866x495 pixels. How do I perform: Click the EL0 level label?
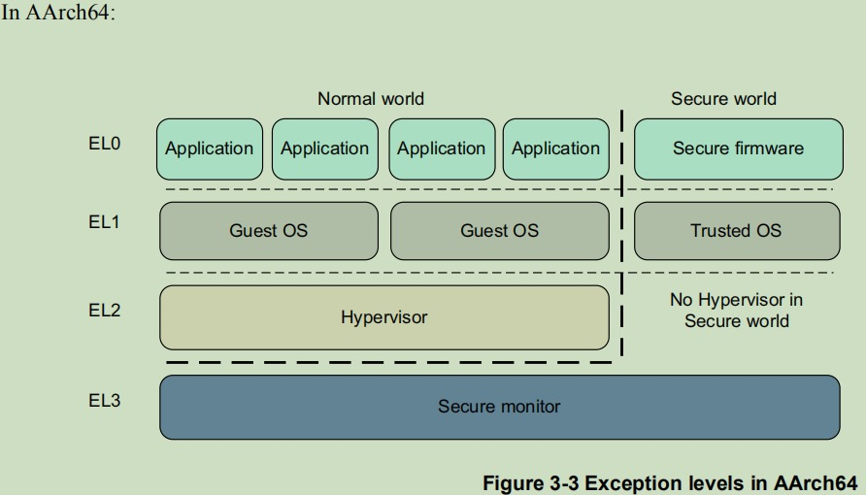(105, 144)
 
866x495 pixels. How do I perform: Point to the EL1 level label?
(105, 222)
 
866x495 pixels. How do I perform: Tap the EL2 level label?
(105, 311)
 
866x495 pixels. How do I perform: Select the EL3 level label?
(105, 400)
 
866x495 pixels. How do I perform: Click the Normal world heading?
(371, 99)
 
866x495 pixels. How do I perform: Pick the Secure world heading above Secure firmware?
(723, 99)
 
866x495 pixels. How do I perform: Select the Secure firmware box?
(739, 149)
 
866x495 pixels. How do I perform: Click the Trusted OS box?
(737, 231)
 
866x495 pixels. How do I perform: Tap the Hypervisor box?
(384, 317)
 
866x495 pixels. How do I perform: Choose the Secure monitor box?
(500, 408)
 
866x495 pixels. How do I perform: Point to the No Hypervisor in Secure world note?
(736, 311)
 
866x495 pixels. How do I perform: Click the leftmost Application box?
(210, 149)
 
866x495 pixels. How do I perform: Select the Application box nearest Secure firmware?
(556, 149)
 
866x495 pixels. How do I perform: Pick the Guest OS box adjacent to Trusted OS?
(500, 231)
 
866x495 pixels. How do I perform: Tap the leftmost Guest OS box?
(269, 231)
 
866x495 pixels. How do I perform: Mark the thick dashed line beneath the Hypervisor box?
(388, 363)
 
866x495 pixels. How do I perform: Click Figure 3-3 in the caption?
(531, 482)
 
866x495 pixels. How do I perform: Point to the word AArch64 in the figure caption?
(816, 482)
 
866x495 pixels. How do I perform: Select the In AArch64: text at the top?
(58, 13)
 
